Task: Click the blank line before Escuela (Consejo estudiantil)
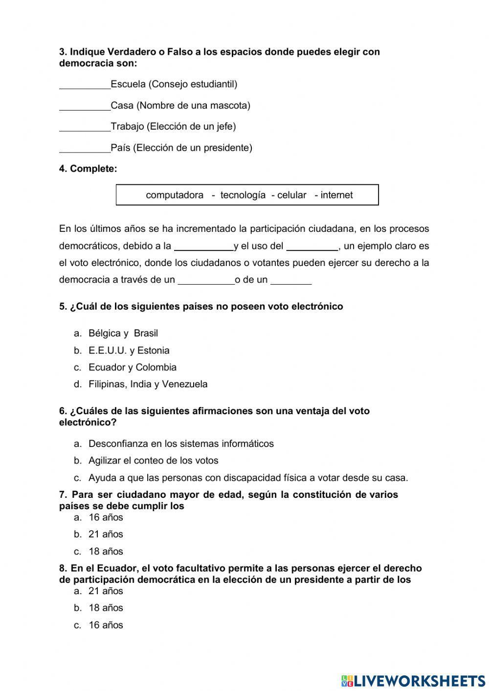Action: point(85,85)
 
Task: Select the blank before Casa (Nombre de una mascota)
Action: point(85,107)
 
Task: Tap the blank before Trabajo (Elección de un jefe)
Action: point(85,128)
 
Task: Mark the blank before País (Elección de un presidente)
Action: point(85,149)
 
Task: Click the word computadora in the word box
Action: point(175,195)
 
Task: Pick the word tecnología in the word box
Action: point(243,195)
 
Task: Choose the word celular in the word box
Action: point(291,195)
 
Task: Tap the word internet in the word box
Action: point(336,195)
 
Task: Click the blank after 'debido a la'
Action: point(204,247)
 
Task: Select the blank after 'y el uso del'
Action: point(312,247)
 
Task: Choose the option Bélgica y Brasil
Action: point(123,334)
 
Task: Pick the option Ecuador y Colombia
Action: point(133,367)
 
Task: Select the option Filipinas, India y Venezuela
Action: point(148,384)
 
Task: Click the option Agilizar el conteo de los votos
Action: point(153,461)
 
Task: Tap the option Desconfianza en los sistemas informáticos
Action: point(181,444)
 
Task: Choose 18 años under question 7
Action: point(106,552)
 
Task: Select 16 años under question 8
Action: point(106,625)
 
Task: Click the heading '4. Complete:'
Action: point(88,169)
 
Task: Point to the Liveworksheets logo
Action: point(413,680)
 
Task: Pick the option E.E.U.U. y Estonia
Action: point(129,351)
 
